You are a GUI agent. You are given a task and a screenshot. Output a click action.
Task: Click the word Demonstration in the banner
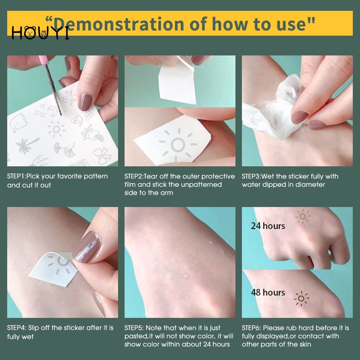click(x=118, y=24)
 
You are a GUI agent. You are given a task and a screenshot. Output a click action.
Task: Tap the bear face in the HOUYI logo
click(x=30, y=33)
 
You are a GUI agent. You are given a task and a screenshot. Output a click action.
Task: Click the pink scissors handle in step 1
click(x=42, y=60)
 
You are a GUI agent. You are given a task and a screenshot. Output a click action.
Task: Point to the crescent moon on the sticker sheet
click(x=53, y=111)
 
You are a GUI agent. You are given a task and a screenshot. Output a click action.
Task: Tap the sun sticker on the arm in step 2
click(x=178, y=145)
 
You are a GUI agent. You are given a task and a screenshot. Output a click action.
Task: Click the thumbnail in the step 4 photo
click(x=87, y=247)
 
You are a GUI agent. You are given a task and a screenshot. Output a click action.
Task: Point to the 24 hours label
click(x=268, y=226)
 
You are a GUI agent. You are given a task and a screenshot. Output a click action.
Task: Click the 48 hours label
click(x=268, y=292)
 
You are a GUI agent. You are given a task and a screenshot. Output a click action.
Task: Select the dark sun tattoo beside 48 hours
click(x=301, y=298)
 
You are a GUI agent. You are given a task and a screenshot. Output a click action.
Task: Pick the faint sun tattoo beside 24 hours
click(x=303, y=216)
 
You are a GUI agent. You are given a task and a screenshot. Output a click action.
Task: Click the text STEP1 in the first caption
click(x=16, y=176)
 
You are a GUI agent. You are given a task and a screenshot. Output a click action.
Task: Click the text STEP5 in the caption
click(x=134, y=328)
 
